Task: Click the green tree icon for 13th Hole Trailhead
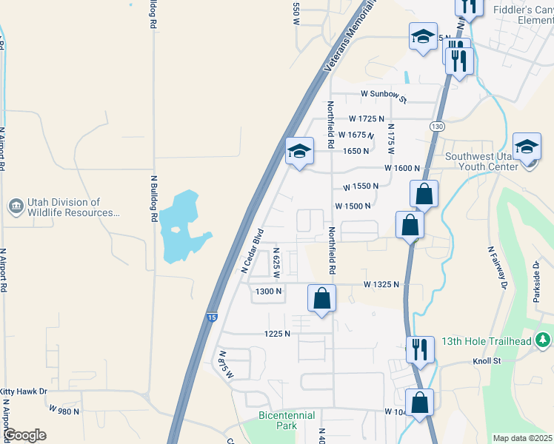tap(544, 340)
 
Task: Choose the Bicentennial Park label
tap(287, 420)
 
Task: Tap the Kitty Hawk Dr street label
tap(24, 391)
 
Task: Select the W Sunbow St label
tap(384, 95)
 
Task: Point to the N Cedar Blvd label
tap(253, 254)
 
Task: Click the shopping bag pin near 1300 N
tap(322, 299)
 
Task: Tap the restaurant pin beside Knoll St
tap(420, 349)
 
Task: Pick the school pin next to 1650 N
tap(299, 152)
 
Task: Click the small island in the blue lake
tap(175, 229)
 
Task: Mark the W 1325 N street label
tap(381, 284)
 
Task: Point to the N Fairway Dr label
tap(496, 267)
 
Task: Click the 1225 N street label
tap(277, 334)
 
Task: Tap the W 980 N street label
tap(64, 408)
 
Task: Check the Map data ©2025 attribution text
tap(522, 438)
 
